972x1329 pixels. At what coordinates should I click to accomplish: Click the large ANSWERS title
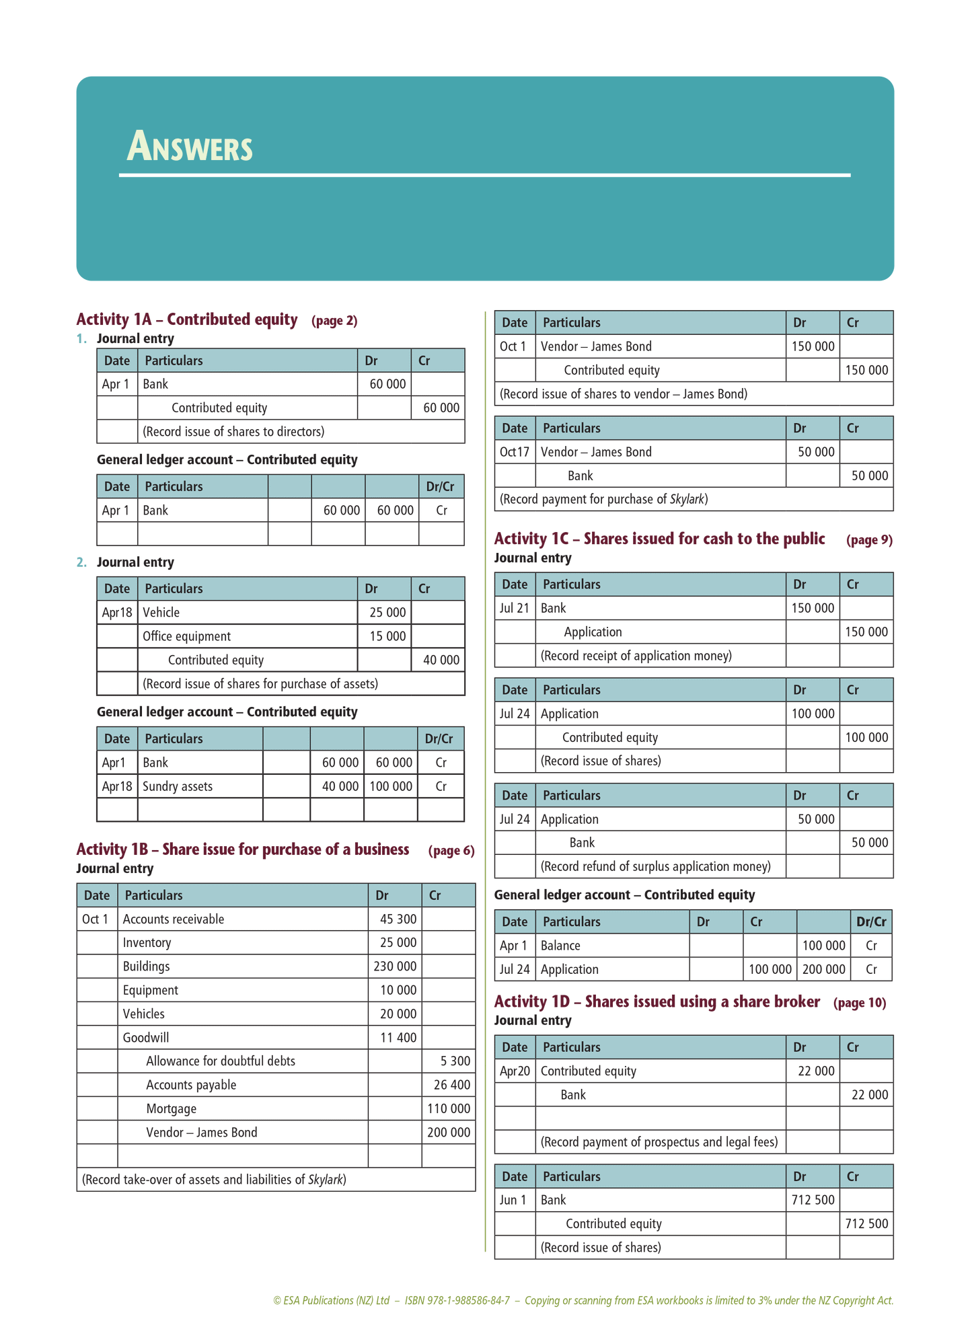[190, 147]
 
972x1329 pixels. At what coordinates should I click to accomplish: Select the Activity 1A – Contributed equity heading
[187, 319]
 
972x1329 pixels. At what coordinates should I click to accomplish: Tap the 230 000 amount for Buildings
[395, 966]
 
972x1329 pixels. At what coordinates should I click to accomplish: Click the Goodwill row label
[146, 1038]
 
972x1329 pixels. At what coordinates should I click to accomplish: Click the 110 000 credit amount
[449, 1108]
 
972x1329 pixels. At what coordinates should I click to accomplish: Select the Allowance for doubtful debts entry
[221, 1061]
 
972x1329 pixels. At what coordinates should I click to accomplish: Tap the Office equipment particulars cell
[186, 636]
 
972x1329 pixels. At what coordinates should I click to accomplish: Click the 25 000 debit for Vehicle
[387, 613]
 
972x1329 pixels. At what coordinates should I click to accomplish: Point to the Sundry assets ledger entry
[178, 786]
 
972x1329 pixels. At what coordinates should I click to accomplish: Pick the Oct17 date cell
[515, 452]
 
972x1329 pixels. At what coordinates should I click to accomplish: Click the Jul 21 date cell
[515, 608]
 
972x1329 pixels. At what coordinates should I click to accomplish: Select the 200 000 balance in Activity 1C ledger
[823, 969]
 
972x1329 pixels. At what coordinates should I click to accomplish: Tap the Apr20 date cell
[515, 1071]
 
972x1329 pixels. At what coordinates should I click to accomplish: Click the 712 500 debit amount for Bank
[813, 1200]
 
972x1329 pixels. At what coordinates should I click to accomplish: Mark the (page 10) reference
[860, 1003]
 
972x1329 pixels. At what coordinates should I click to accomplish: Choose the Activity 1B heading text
[243, 849]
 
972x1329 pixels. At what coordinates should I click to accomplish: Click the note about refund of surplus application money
[656, 866]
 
